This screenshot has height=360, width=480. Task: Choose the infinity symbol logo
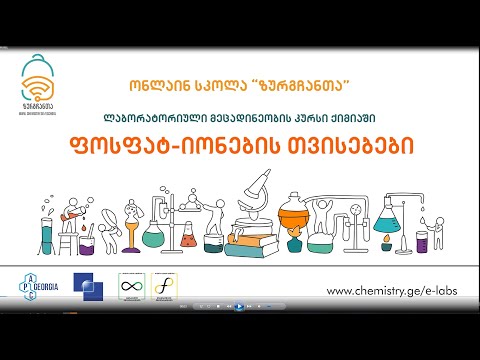pyautogui.click(x=131, y=287)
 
